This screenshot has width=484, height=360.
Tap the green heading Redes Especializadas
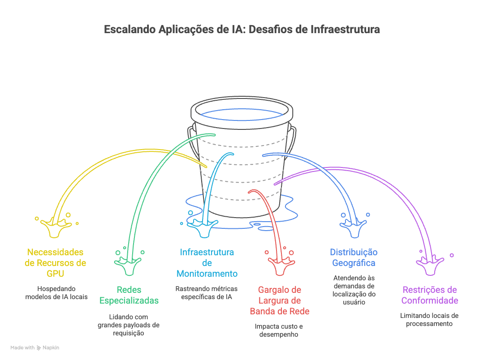click(129, 295)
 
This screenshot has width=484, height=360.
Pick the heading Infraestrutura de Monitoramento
click(207, 263)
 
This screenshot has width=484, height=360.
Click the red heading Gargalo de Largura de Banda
click(280, 300)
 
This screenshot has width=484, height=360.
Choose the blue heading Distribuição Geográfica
click(354, 257)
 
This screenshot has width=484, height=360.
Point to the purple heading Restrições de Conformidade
click(429, 295)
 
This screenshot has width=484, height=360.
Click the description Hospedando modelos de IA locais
click(56, 293)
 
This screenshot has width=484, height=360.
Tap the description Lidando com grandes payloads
click(129, 325)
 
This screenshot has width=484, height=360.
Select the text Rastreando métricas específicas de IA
click(207, 293)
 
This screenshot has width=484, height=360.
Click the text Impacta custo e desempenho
click(279, 330)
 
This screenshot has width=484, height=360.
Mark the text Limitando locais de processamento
click(429, 319)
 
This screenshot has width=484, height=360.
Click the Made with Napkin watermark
click(35, 347)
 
